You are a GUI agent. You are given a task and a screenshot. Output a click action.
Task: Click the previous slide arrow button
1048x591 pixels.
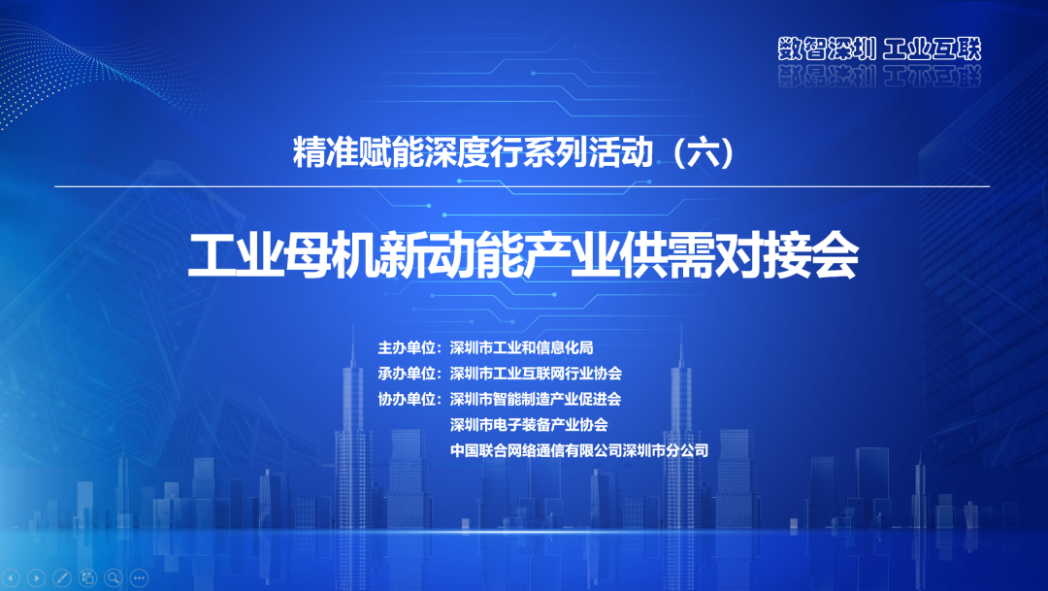click(12, 577)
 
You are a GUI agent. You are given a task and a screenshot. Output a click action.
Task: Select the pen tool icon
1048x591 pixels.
click(62, 577)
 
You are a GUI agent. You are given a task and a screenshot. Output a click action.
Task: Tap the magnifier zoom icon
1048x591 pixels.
click(114, 577)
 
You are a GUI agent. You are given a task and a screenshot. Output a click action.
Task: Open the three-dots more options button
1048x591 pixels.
click(139, 577)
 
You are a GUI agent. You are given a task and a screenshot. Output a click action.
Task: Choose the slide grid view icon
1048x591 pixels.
click(88, 577)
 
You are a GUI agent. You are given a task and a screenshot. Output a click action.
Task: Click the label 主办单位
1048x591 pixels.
click(407, 347)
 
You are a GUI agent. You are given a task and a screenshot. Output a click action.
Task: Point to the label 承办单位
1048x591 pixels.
click(407, 373)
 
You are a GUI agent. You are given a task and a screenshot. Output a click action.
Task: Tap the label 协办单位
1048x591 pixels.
click(407, 399)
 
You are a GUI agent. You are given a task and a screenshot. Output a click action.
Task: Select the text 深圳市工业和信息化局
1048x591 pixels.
click(521, 347)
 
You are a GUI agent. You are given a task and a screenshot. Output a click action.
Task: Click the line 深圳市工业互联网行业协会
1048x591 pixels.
click(536, 373)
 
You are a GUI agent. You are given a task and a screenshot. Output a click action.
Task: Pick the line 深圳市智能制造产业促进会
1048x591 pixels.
click(536, 399)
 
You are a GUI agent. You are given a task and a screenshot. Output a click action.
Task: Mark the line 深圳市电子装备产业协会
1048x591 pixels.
click(529, 424)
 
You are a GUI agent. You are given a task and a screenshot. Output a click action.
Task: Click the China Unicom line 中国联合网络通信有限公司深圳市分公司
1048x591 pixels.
click(578, 450)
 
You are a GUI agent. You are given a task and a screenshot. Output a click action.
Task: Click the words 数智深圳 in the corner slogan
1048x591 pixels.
click(827, 49)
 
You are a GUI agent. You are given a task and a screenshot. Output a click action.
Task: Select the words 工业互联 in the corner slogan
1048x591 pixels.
click(933, 49)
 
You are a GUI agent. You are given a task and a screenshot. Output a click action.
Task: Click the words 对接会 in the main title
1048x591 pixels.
click(786, 255)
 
